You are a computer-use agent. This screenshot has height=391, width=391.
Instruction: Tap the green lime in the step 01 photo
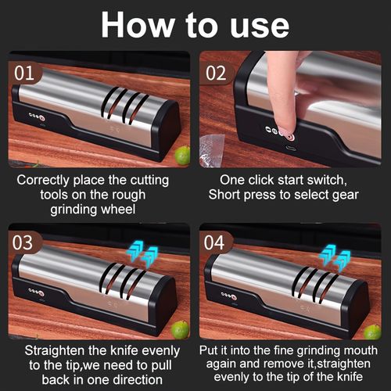click(x=181, y=156)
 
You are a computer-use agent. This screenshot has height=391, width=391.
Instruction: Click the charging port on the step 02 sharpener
click(x=291, y=148)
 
